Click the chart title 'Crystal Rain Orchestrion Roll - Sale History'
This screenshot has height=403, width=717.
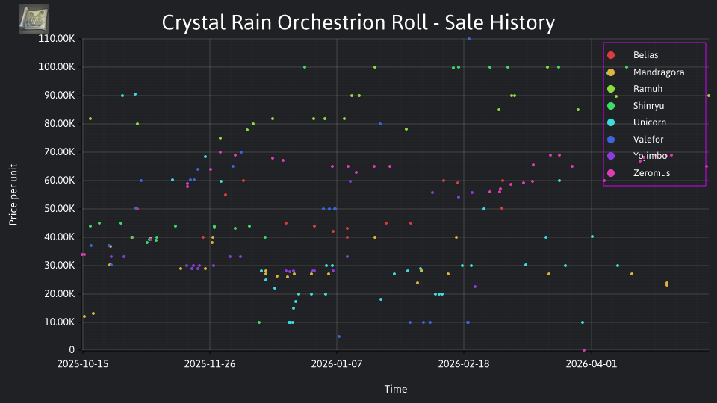[358, 22]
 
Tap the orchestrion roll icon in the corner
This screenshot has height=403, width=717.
[34, 19]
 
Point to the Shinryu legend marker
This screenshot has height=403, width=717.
[611, 106]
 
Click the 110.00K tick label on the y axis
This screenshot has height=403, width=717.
[56, 38]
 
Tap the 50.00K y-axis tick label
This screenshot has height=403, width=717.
[58, 209]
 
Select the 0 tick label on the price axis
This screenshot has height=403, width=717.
[72, 349]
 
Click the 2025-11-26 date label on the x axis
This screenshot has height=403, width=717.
[210, 363]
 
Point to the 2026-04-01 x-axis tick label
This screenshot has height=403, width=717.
[592, 363]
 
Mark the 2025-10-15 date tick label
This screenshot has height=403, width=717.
[83, 363]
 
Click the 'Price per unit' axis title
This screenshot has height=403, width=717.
[13, 195]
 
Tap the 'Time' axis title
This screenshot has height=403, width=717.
[396, 389]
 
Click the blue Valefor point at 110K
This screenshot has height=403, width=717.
[469, 39]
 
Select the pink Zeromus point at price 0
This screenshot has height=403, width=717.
[584, 350]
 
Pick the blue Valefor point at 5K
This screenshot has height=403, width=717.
[339, 337]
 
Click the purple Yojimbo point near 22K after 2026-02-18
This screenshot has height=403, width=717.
[475, 287]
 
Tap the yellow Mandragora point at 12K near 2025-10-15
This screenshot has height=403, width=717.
[84, 316]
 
